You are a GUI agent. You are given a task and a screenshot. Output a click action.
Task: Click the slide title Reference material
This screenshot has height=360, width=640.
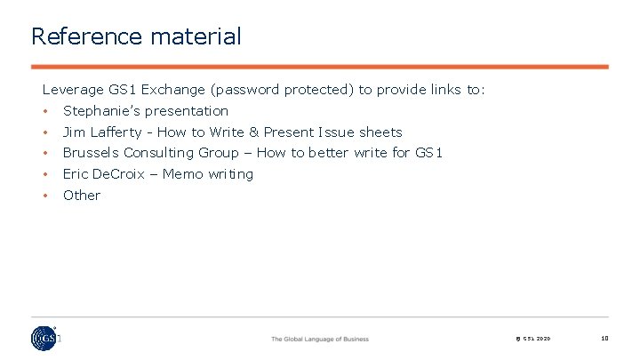[135, 36]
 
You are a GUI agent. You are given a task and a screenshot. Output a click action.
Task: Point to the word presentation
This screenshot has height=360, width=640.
[187, 111]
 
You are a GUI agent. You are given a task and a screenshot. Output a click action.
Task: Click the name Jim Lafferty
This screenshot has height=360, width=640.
[100, 132]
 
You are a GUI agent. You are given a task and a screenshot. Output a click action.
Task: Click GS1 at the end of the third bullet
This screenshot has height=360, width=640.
[428, 153]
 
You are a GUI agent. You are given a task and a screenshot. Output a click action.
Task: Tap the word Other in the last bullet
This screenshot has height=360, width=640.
[82, 196]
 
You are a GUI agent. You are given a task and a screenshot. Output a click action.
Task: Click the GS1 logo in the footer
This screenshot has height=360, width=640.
[44, 338]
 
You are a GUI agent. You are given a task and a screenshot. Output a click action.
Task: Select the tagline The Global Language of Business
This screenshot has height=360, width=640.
[319, 339]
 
